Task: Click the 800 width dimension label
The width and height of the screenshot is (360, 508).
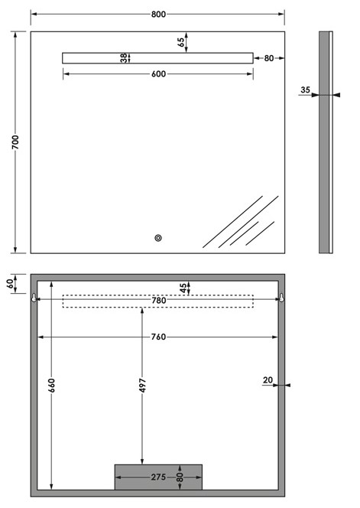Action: point(158,15)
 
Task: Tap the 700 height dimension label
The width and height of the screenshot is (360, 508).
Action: point(15,142)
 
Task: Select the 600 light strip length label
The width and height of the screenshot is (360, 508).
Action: point(159,74)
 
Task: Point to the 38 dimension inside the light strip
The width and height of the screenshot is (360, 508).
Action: point(124,58)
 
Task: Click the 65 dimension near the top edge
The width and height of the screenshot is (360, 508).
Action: point(181,42)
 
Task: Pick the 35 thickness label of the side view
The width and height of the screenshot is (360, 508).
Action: point(305,90)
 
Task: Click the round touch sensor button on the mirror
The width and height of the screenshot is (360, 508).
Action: point(158,238)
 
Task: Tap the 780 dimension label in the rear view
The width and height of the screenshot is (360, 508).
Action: point(159,301)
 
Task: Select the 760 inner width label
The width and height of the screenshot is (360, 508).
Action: point(159,337)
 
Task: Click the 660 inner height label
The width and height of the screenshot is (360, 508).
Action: point(51,386)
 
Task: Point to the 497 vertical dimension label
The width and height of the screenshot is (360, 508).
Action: point(142,386)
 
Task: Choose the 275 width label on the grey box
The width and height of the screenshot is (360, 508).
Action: point(159,477)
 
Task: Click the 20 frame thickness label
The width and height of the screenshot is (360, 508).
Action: point(268,379)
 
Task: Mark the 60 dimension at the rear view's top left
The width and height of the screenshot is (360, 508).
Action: point(11,284)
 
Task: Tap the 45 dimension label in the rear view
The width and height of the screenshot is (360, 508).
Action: point(183,288)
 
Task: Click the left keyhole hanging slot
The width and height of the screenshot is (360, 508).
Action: point(34,298)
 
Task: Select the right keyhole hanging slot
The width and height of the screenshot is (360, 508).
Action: point(281,298)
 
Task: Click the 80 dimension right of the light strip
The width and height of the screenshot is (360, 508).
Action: point(269,58)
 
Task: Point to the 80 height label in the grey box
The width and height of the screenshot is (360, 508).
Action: point(180,477)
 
